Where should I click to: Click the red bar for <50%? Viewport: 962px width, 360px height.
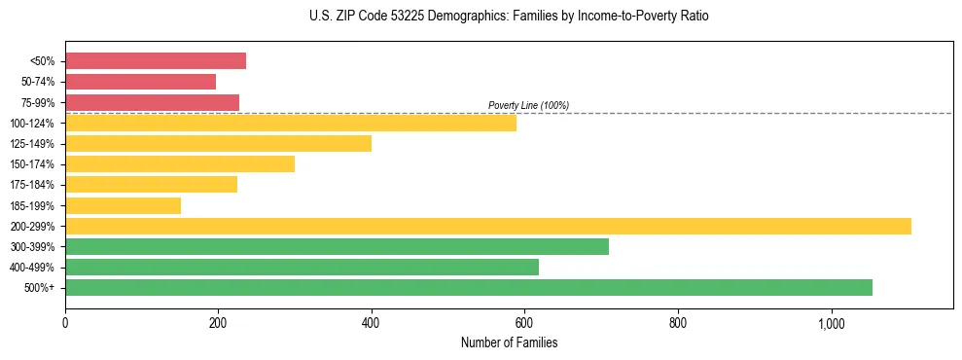[156, 61]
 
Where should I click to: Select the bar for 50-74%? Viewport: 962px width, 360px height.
[140, 82]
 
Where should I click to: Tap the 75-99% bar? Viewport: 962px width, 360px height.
[152, 102]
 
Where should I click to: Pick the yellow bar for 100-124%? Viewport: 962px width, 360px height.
[291, 123]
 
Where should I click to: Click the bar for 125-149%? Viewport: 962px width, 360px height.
[218, 143]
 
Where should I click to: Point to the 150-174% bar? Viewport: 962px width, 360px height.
[180, 163]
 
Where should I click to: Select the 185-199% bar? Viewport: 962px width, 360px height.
[123, 205]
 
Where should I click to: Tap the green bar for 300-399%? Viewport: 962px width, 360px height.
[337, 246]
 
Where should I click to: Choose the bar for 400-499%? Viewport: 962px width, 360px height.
[302, 267]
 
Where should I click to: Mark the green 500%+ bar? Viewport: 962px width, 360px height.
[469, 287]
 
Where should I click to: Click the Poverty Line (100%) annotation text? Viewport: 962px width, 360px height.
[528, 105]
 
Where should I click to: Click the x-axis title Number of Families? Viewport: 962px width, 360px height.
[509, 342]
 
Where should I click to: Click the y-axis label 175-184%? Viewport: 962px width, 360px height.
[32, 185]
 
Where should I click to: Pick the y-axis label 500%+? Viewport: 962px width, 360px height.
[39, 288]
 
